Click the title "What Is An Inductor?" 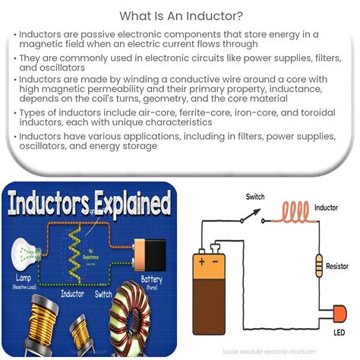[180, 15]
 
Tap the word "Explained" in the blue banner [125, 204]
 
